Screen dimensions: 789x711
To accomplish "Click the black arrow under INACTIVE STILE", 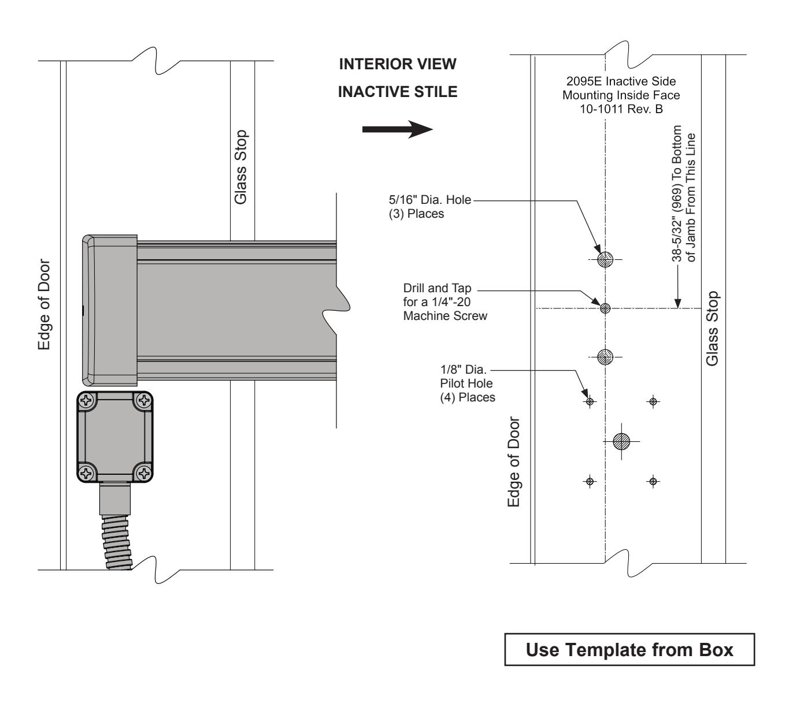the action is pyautogui.click(x=397, y=129).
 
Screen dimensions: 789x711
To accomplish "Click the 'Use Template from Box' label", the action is pyautogui.click(x=629, y=650).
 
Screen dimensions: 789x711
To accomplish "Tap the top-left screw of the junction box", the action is pyautogui.click(x=86, y=401).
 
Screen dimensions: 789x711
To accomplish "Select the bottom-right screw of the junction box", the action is pyautogui.click(x=143, y=473).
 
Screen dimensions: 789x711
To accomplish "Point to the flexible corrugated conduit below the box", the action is pyautogui.click(x=117, y=542).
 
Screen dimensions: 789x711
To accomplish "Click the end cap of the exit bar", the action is pyautogui.click(x=110, y=310).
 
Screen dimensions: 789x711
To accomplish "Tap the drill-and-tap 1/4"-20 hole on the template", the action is pyautogui.click(x=605, y=308).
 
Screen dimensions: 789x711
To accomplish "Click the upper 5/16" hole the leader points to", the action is pyautogui.click(x=605, y=259).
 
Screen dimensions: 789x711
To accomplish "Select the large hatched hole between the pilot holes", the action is pyautogui.click(x=621, y=441).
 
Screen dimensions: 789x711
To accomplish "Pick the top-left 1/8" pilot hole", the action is pyautogui.click(x=590, y=401).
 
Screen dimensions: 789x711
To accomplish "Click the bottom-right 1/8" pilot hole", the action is pyautogui.click(x=653, y=481).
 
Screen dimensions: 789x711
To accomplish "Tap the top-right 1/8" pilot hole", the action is pyautogui.click(x=653, y=401).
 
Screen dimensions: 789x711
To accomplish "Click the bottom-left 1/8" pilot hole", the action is pyautogui.click(x=590, y=481).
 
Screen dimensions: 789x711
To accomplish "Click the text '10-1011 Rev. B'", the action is pyautogui.click(x=621, y=109).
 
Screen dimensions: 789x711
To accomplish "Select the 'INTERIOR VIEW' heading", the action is pyautogui.click(x=398, y=64).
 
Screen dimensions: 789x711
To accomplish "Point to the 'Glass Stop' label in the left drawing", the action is pyautogui.click(x=240, y=167).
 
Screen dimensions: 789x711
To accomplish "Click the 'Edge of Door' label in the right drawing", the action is pyautogui.click(x=514, y=462).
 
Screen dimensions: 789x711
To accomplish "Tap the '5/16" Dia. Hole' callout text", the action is pyautogui.click(x=430, y=200).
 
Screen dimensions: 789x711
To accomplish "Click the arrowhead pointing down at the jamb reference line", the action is pyautogui.click(x=677, y=303).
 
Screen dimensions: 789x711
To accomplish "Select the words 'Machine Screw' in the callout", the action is pyautogui.click(x=445, y=315).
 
